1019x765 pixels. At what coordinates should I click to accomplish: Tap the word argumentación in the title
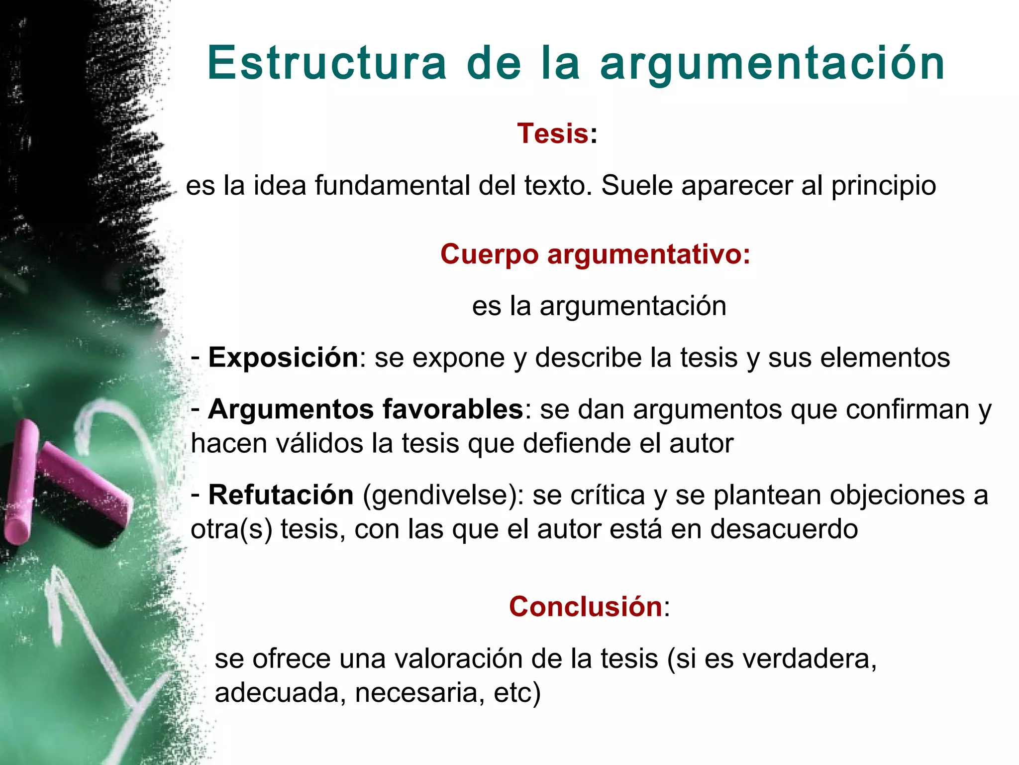[x=772, y=64]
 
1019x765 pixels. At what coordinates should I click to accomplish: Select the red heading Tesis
[x=553, y=133]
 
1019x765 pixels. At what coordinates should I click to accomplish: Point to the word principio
[x=884, y=186]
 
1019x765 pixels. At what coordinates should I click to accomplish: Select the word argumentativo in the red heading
[x=648, y=254]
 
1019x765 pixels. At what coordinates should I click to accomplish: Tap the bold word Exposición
[x=283, y=357]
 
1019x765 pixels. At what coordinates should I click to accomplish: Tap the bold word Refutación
[x=281, y=495]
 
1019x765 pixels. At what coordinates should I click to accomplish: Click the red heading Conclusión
[x=585, y=606]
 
